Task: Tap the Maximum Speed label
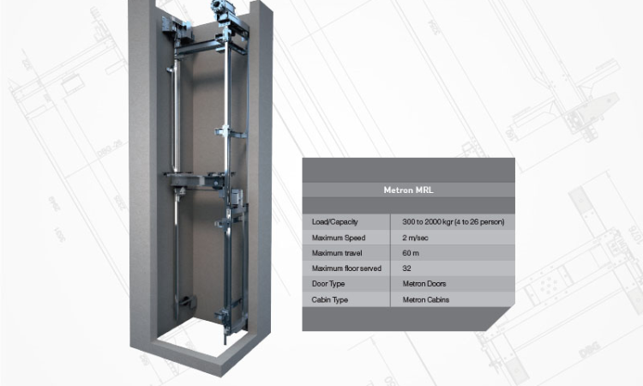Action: pyautogui.click(x=336, y=238)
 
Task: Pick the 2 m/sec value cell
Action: pyautogui.click(x=416, y=238)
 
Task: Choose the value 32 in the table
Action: pyautogui.click(x=406, y=268)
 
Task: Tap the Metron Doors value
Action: pyautogui.click(x=424, y=284)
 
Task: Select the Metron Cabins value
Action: pyautogui.click(x=426, y=299)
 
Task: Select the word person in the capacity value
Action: pyautogui.click(x=490, y=222)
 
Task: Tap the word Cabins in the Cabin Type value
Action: pyautogui.click(x=437, y=299)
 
